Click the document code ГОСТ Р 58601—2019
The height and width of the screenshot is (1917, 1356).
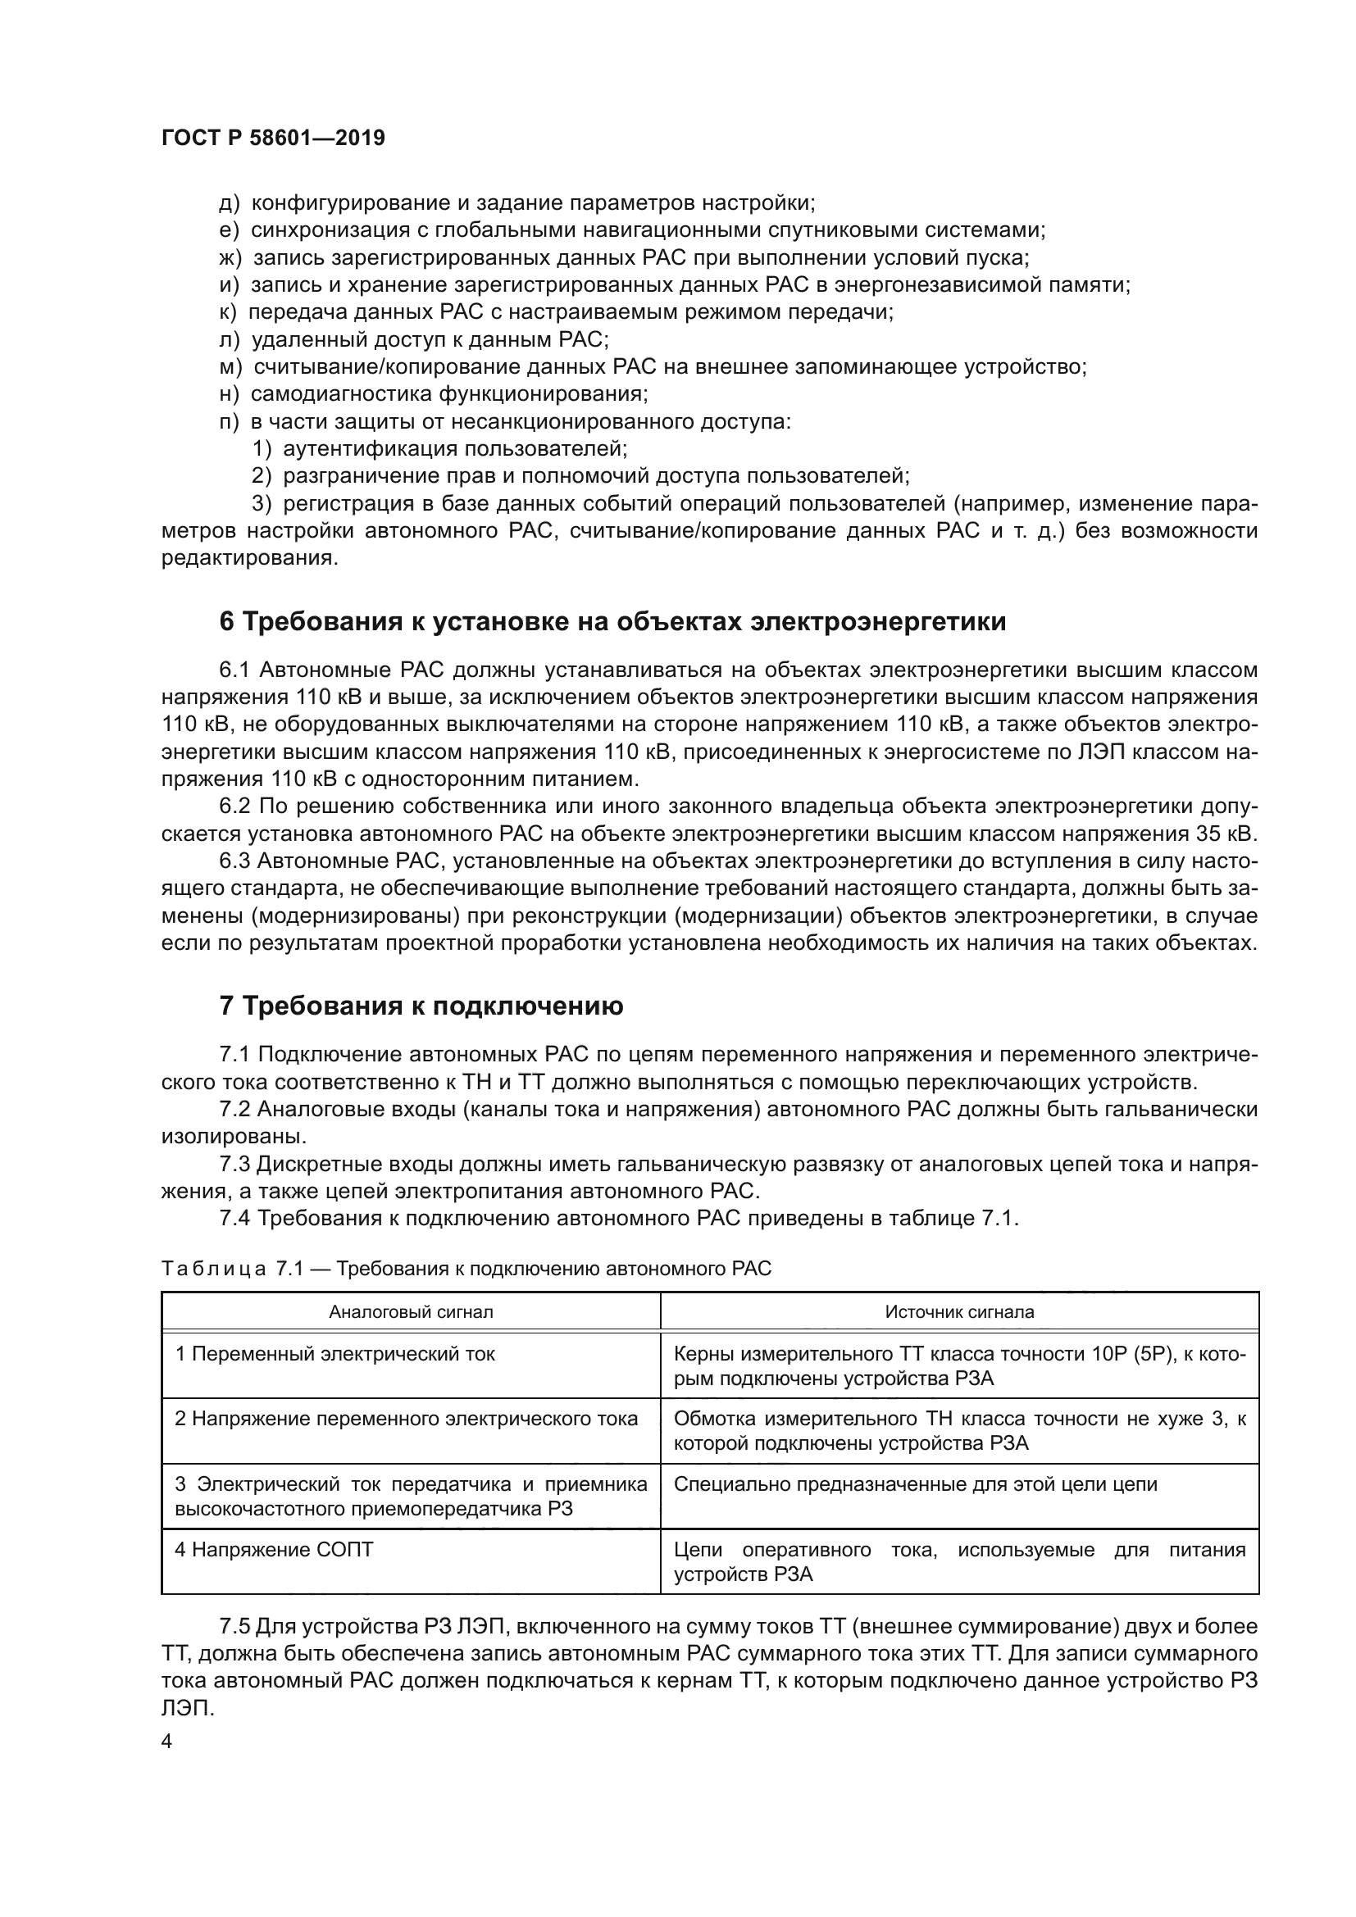(273, 139)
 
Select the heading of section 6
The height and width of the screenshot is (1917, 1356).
(612, 622)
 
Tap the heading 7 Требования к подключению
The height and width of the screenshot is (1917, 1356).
(421, 1007)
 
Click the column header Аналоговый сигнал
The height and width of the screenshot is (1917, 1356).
(411, 1311)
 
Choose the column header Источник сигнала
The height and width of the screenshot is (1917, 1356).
(958, 1311)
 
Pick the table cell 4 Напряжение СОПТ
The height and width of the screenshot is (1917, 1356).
(274, 1550)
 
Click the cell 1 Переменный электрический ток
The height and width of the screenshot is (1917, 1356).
(334, 1353)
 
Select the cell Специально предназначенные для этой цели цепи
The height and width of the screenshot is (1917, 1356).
(915, 1484)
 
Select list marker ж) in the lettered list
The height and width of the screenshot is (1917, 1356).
(230, 258)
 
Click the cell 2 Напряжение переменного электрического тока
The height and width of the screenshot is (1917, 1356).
(406, 1419)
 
